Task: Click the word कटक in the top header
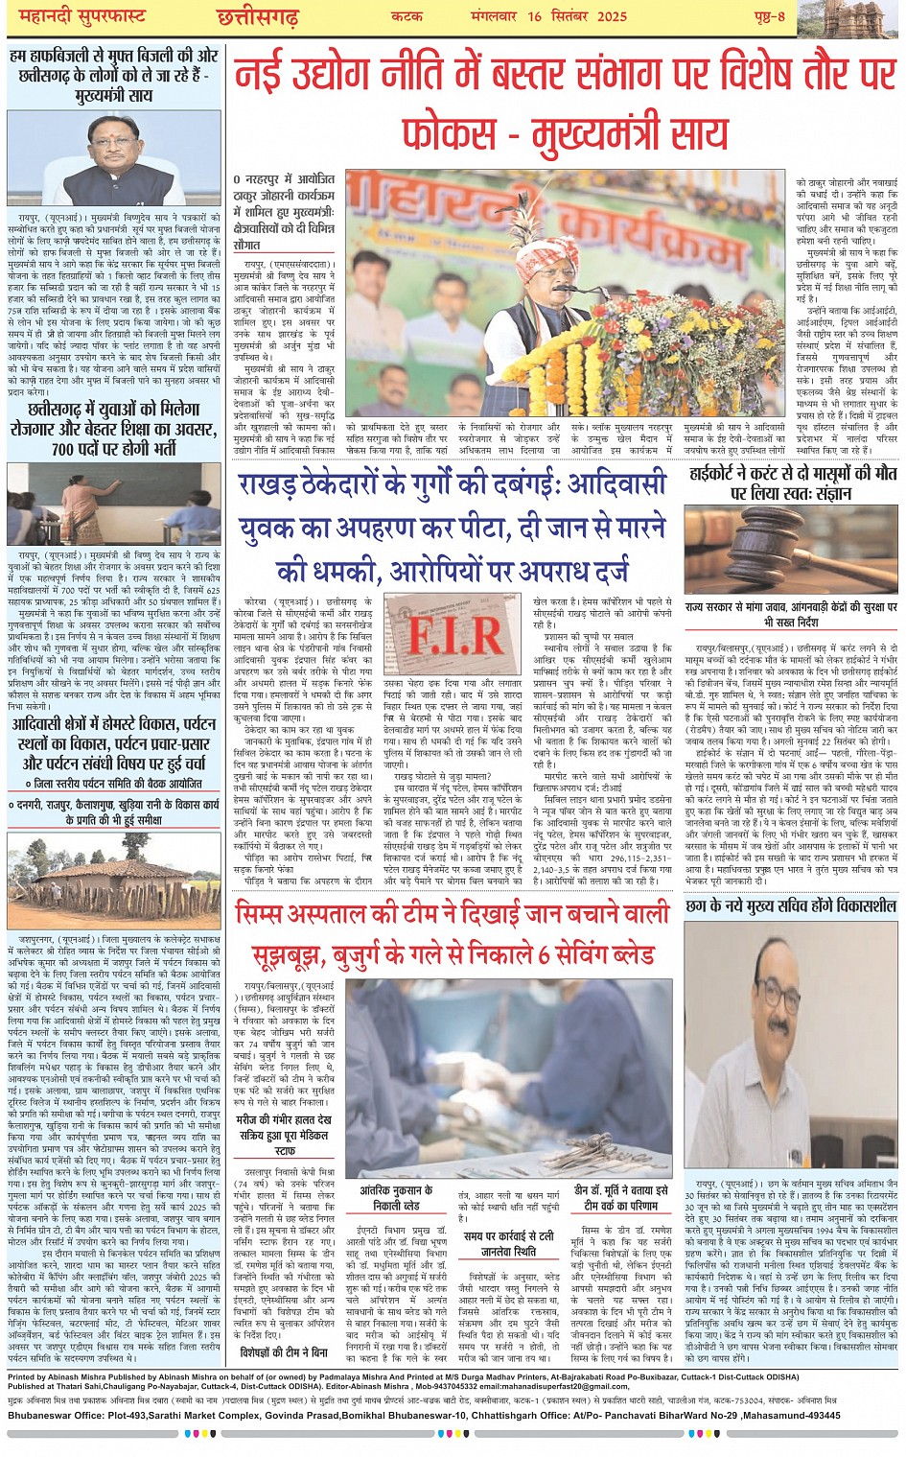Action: [x=407, y=16]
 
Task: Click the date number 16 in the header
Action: [x=534, y=16]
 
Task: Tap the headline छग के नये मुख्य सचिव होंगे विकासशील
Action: [x=791, y=905]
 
